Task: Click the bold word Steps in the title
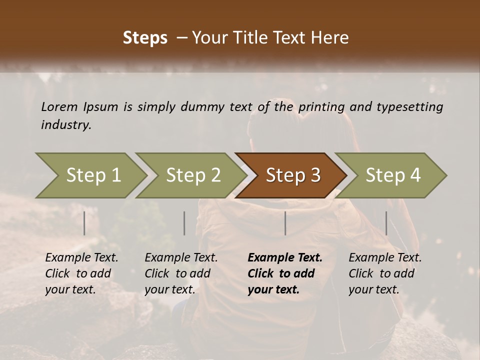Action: coord(145,38)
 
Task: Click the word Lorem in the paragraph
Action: coord(59,106)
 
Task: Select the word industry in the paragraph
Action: coord(66,124)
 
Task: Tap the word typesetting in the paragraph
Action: coord(409,106)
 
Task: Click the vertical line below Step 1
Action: coord(84,223)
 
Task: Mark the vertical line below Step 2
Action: coord(184,223)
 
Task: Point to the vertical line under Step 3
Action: coord(285,223)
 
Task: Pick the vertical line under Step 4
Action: coord(386,223)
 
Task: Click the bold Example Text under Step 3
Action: coord(285,258)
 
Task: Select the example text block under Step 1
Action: coord(81,273)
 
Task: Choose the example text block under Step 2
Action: coord(181,273)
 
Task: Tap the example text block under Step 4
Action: coord(385,273)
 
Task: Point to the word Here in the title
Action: coord(330,38)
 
